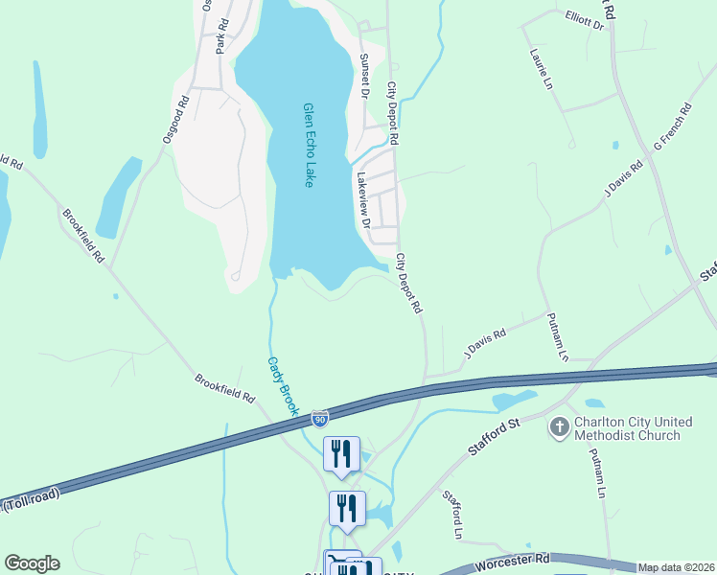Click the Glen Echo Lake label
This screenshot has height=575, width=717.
click(x=309, y=145)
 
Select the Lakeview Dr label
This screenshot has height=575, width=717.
click(x=362, y=200)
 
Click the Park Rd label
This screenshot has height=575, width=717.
click(x=222, y=35)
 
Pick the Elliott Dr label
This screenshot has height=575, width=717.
click(x=585, y=19)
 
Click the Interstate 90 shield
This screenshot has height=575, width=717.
click(x=319, y=418)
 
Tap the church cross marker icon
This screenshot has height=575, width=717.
click(x=559, y=426)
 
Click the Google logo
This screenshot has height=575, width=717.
click(x=32, y=563)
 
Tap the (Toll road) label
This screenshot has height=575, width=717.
click(x=32, y=497)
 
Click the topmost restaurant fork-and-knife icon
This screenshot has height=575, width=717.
click(x=342, y=452)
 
